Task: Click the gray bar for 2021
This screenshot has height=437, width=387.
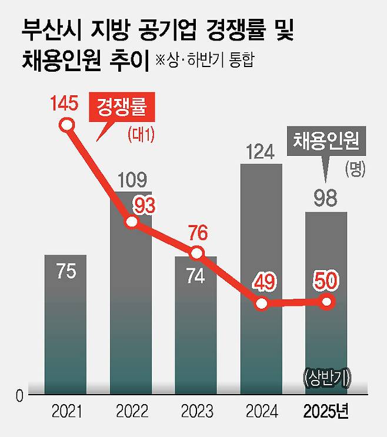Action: tap(66, 323)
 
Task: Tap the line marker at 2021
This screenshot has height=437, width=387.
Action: tap(67, 125)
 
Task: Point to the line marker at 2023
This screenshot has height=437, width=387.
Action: tap(197, 253)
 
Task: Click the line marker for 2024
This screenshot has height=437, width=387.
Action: tap(262, 303)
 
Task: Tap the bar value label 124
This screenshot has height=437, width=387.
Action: tap(261, 152)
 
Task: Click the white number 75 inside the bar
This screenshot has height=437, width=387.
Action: tap(66, 273)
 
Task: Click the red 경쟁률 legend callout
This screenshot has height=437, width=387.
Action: tap(121, 110)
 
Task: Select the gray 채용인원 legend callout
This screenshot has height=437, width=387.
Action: tap(326, 143)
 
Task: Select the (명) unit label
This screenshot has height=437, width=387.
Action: tap(356, 169)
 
